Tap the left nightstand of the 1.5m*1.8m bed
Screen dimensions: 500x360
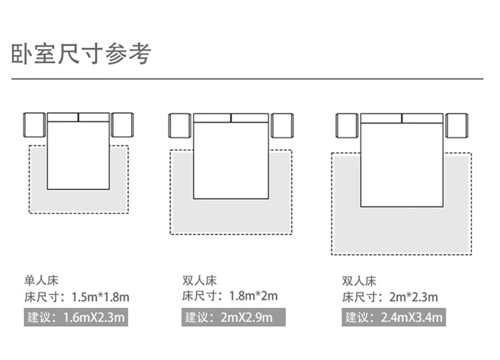(34, 125)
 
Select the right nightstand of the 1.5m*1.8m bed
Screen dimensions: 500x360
(122, 125)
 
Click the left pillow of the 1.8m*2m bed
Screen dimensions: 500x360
(212, 118)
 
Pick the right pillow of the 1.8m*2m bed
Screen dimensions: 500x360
(250, 118)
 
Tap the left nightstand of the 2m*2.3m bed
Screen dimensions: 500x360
(347, 126)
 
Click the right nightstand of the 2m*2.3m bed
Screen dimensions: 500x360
(457, 126)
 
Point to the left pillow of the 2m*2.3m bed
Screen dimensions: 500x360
(381, 118)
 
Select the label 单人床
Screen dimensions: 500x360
(41, 280)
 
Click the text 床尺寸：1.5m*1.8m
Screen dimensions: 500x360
(76, 298)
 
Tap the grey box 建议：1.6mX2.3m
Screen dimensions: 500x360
(76, 317)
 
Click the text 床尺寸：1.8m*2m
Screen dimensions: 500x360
(230, 296)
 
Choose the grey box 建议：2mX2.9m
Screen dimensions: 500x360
(233, 317)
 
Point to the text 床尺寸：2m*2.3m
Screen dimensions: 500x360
(390, 298)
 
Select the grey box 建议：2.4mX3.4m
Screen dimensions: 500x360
(393, 317)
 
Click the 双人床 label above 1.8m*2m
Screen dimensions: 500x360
(199, 280)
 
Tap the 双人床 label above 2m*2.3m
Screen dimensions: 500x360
(359, 280)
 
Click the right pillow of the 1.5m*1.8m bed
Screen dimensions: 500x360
(94, 117)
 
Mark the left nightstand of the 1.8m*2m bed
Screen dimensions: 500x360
(180, 126)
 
